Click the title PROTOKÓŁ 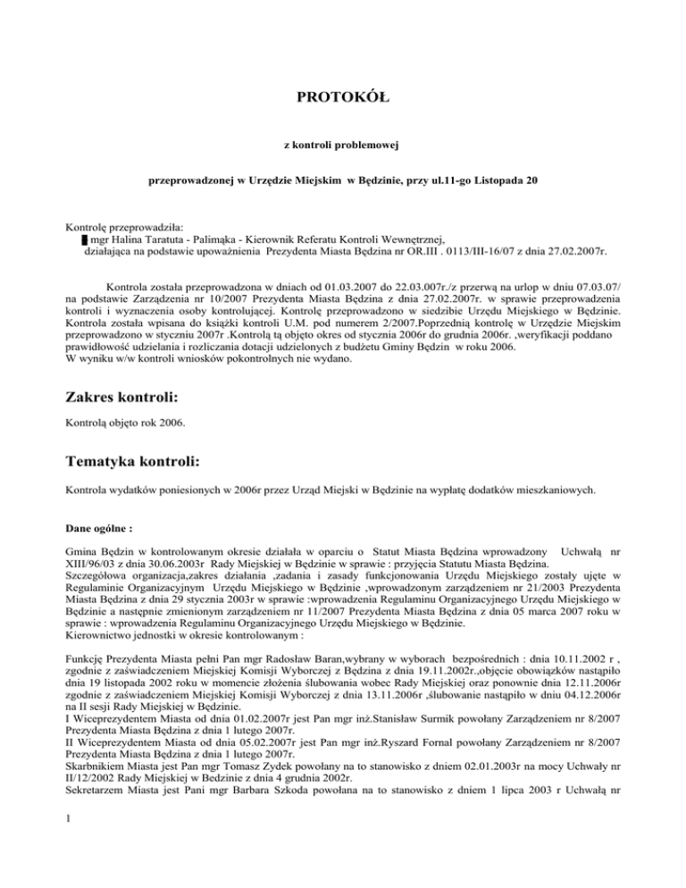pyautogui.click(x=343, y=96)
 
